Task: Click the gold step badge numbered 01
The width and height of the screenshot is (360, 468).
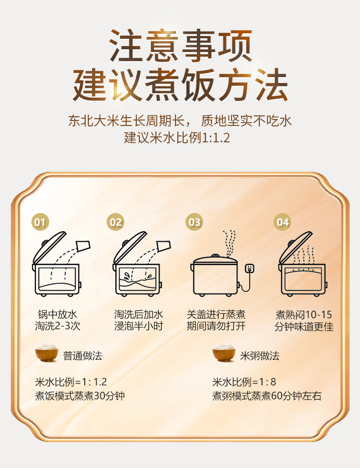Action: [x=40, y=222]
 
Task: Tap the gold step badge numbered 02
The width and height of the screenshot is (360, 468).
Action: [x=115, y=222]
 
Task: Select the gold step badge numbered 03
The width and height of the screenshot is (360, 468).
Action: [x=194, y=222]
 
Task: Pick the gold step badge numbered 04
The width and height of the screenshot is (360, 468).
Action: [x=282, y=222]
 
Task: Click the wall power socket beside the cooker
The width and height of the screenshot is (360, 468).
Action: [x=249, y=268]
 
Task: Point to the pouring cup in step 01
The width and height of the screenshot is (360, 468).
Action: [x=83, y=245]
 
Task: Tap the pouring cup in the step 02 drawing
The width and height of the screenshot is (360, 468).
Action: [x=164, y=245]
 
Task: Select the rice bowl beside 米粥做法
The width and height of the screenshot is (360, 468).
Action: [x=224, y=353]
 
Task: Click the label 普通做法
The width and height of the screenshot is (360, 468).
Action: [x=82, y=356]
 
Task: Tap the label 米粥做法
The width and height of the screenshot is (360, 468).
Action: [x=260, y=356]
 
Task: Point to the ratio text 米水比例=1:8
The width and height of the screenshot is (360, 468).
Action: [x=244, y=382]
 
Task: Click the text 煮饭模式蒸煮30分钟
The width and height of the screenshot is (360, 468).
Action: [x=80, y=396]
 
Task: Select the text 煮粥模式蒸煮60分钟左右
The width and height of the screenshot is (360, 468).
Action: [x=267, y=396]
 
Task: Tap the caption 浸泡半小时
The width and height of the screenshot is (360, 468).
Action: [x=139, y=326]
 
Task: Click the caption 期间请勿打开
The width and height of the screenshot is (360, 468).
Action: [x=216, y=326]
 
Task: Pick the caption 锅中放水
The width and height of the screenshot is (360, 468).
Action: [x=57, y=314]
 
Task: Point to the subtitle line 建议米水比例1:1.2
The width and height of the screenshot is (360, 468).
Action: [x=177, y=138]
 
